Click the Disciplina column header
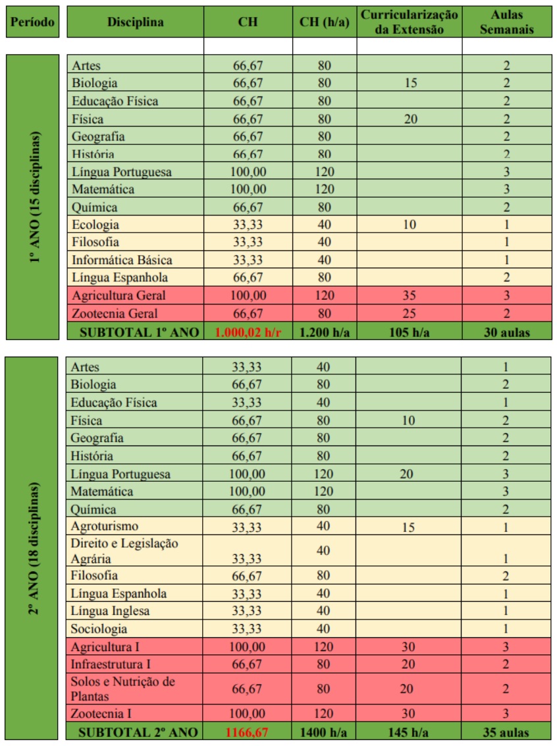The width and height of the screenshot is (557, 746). tap(135, 22)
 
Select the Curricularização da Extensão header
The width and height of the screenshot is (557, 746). tap(409, 22)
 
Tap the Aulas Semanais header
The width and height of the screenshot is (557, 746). tap(506, 22)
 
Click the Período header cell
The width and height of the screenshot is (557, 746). tap(32, 22)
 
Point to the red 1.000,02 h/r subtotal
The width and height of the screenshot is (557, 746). tap(248, 332)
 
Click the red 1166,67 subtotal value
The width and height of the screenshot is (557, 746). tap(248, 732)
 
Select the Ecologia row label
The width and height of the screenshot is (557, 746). tap(95, 225)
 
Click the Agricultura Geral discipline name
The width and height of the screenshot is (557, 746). tap(119, 295)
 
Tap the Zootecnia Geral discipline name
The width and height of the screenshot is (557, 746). tap(115, 313)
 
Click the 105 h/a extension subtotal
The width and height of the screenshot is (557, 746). tap(409, 332)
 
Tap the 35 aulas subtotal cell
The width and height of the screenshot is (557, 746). tap(506, 732)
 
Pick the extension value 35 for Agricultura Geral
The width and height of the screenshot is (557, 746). tap(409, 295)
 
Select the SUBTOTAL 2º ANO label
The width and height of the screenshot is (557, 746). tap(135, 732)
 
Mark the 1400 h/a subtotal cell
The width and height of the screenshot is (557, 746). tap(324, 732)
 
